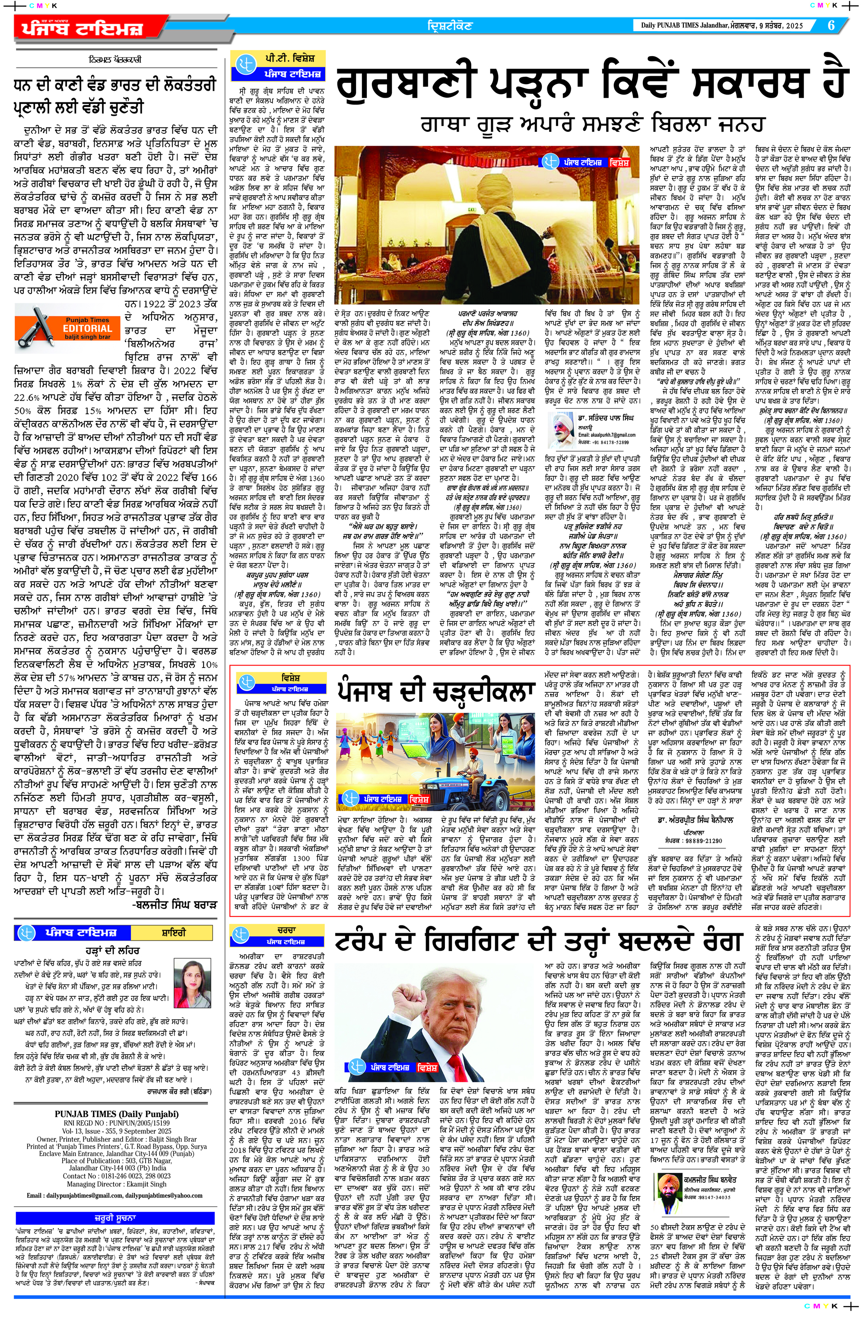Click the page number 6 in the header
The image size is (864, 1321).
[x=831, y=25]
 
